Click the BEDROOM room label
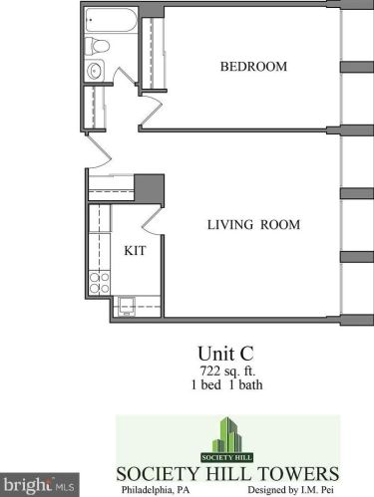253,67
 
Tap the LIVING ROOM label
253,225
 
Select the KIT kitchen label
135,250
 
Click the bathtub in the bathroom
111,20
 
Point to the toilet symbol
97,46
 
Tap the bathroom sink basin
95,71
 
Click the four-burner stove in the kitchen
100,283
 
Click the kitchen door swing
153,221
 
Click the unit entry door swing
99,151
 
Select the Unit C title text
225,354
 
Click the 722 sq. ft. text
227,371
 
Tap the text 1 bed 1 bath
226,384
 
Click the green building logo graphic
227,439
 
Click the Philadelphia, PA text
156,490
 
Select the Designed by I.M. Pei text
291,490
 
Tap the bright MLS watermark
39,485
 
